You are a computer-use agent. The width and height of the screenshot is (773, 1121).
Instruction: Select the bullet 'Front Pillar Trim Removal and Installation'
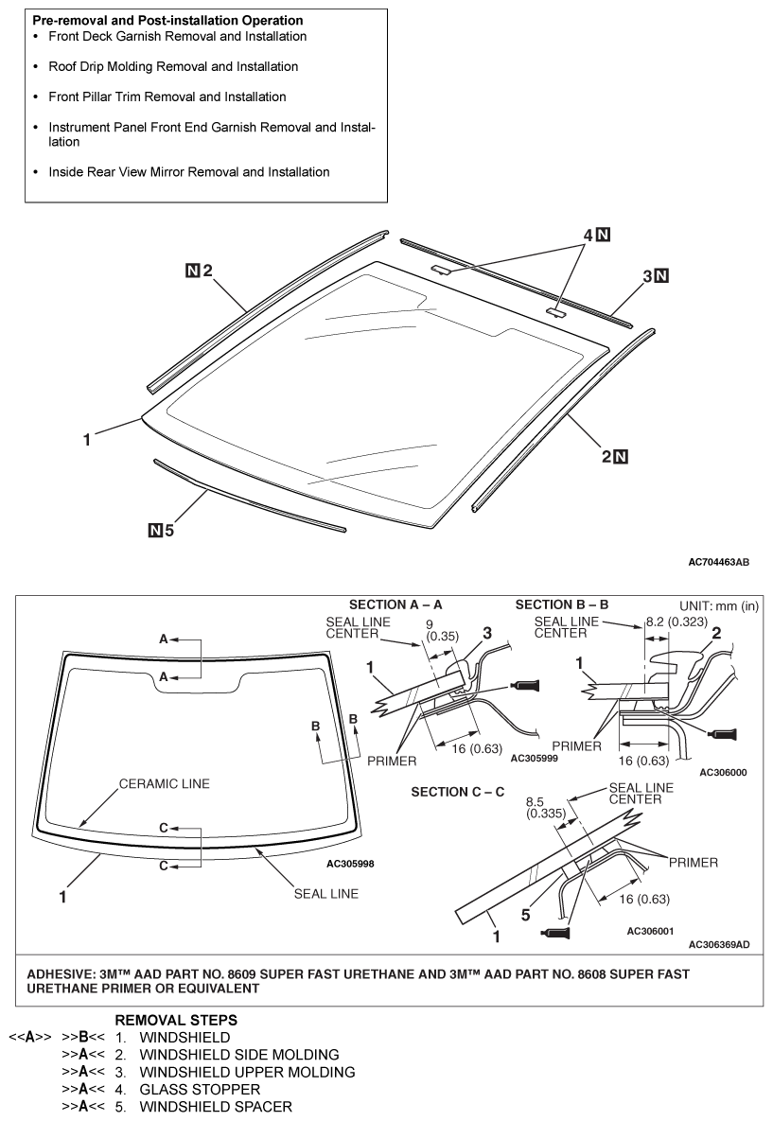167,96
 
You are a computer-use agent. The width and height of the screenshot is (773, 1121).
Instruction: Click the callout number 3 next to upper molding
648,276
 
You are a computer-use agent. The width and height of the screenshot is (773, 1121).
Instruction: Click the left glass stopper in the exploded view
441,271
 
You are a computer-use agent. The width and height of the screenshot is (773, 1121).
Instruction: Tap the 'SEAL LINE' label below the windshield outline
325,894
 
